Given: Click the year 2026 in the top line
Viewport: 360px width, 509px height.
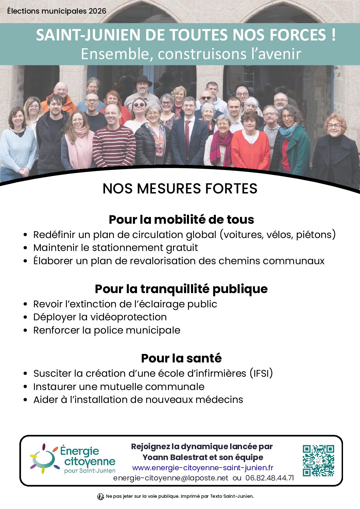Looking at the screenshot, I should pos(97,11).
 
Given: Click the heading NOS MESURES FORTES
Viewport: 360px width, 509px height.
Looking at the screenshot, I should pos(180,189).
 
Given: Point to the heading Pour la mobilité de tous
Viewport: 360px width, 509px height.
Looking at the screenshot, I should pos(181,220).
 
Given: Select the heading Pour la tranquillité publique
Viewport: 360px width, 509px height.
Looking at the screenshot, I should pos(181,289).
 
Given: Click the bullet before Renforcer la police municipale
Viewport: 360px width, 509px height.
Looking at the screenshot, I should pos(25,330).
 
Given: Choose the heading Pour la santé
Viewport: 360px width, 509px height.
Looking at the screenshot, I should pos(181,358).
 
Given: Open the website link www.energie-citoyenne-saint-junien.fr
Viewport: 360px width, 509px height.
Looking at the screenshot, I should pos(203,468).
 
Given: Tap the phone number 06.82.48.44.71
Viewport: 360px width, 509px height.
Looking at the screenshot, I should pos(270,478).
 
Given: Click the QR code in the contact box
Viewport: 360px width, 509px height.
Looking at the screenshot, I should pos(319,460).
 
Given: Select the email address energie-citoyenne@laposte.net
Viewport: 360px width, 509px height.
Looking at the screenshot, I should pos(171,478).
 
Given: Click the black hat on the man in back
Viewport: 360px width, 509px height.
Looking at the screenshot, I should pos(143,81).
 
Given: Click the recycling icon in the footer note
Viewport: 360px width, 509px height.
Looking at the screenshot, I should pos(101,497).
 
